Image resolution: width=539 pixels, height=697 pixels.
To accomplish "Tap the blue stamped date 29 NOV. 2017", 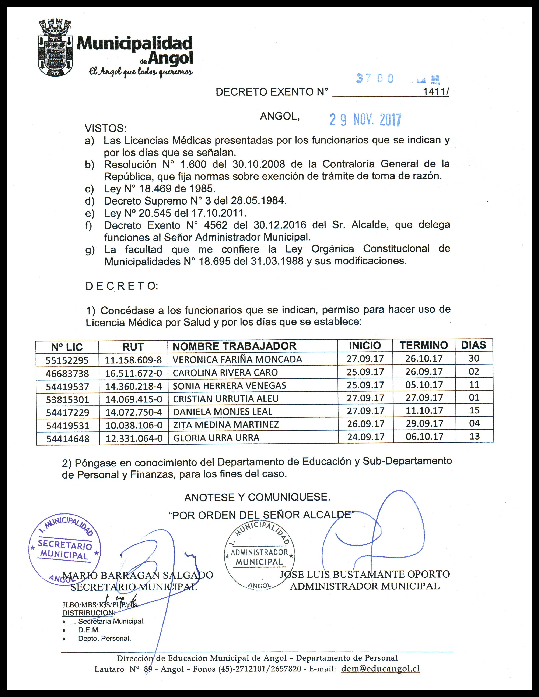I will point(365,120).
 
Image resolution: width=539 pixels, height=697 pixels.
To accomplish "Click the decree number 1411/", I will point(436,92).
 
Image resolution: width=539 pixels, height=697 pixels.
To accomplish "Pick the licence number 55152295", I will point(67,360).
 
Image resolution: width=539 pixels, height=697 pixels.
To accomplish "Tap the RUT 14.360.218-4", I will point(134,387).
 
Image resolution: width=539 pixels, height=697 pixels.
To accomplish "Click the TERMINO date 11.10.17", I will point(424,410).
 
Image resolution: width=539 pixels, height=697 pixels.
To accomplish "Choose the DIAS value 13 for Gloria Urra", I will point(475,436).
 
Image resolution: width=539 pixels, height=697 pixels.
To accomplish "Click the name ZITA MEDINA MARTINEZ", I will point(226,425).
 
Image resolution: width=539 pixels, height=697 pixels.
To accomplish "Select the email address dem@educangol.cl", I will point(380,669).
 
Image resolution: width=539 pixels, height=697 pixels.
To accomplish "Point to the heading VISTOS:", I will point(105,129).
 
